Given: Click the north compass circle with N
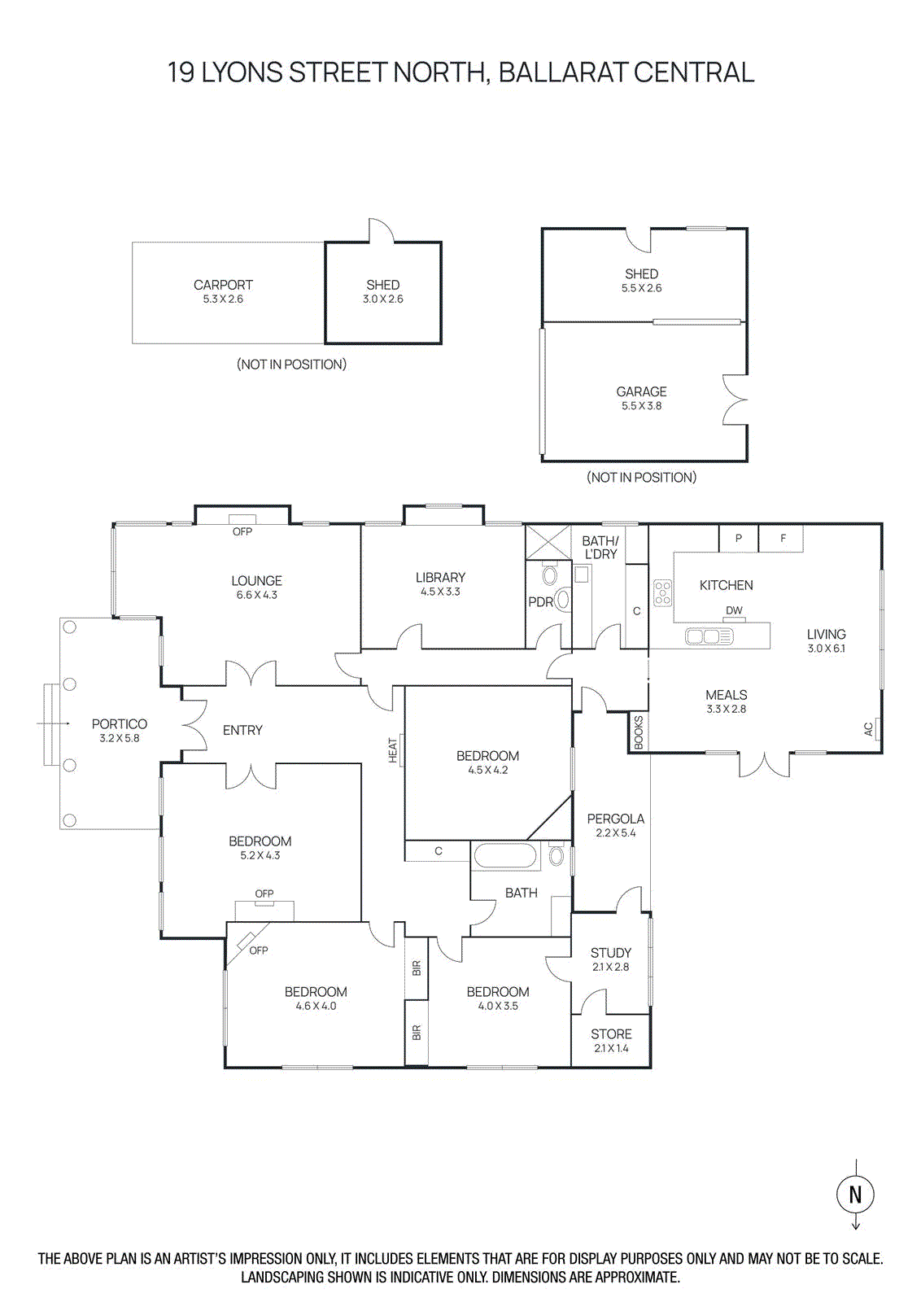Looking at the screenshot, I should click(855, 1194).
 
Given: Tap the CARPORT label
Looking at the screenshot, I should click(223, 285).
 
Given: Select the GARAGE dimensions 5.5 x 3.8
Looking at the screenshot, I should click(641, 405).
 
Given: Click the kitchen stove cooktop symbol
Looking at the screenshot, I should click(663, 592).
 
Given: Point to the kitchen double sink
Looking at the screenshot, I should click(709, 636).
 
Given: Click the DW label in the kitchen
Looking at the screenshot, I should click(734, 610).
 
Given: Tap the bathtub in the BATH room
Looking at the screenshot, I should click(505, 856).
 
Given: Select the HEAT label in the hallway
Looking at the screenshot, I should click(393, 749).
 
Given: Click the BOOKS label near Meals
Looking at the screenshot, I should click(639, 732).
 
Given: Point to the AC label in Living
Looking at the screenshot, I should click(868, 729).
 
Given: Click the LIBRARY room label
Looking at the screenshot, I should click(440, 577).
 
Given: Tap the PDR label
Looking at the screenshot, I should click(540, 602).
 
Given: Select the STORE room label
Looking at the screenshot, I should click(611, 1033).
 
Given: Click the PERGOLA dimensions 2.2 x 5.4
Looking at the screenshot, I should click(615, 832).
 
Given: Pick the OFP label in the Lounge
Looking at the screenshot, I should click(242, 531).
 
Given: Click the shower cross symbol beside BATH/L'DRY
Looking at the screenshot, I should click(548, 542).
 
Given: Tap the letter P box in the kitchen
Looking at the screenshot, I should click(739, 538).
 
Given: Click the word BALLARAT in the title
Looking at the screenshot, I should click(562, 72).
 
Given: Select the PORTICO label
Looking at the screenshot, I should click(120, 723).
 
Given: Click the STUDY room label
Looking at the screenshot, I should click(611, 952).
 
